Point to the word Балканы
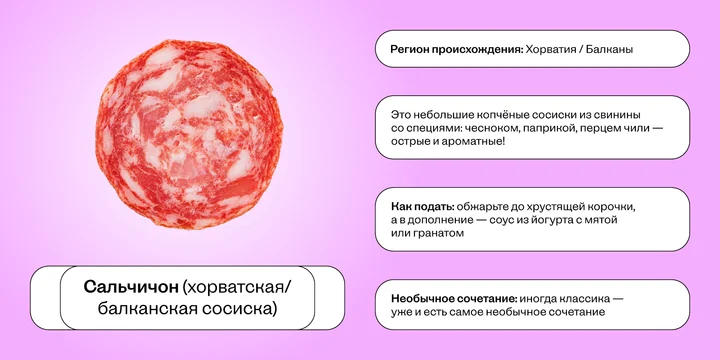point(612,48)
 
